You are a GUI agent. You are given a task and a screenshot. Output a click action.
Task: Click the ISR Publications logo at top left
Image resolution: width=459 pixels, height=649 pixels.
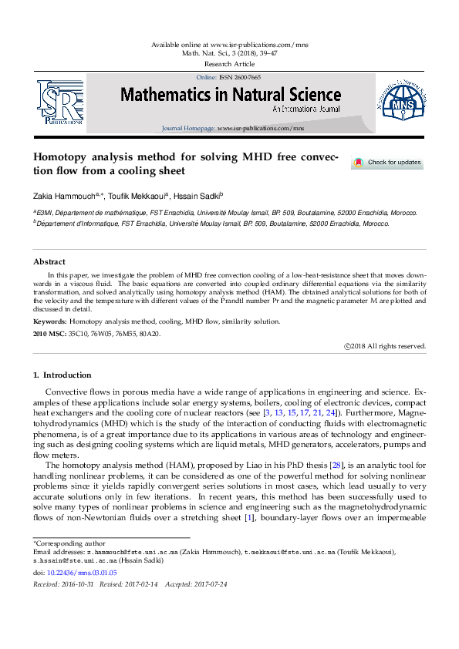tap(60, 102)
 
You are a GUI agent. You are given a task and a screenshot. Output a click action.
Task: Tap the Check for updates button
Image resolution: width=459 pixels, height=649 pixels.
tap(387, 163)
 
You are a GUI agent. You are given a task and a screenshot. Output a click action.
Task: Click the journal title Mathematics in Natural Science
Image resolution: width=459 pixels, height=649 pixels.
tap(230, 96)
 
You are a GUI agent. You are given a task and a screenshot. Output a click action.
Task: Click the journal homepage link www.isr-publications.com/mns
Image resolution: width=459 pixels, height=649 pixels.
tap(261, 128)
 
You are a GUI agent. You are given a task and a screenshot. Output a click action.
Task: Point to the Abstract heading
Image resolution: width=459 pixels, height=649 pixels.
tap(49, 262)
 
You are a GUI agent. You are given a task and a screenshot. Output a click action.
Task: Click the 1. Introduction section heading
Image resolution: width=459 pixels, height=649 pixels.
tap(62, 375)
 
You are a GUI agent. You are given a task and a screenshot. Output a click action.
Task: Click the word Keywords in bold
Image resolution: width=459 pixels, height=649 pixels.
tap(49, 321)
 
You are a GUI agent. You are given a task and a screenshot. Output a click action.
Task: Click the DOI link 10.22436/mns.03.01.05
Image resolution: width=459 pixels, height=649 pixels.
tap(81, 573)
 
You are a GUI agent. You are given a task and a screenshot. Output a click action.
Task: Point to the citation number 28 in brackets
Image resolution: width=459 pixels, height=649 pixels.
tap(315, 466)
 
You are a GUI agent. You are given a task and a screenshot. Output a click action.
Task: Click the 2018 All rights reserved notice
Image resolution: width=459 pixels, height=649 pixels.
tap(385, 347)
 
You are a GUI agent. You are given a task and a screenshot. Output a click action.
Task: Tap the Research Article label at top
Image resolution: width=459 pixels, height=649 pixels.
tap(229, 64)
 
